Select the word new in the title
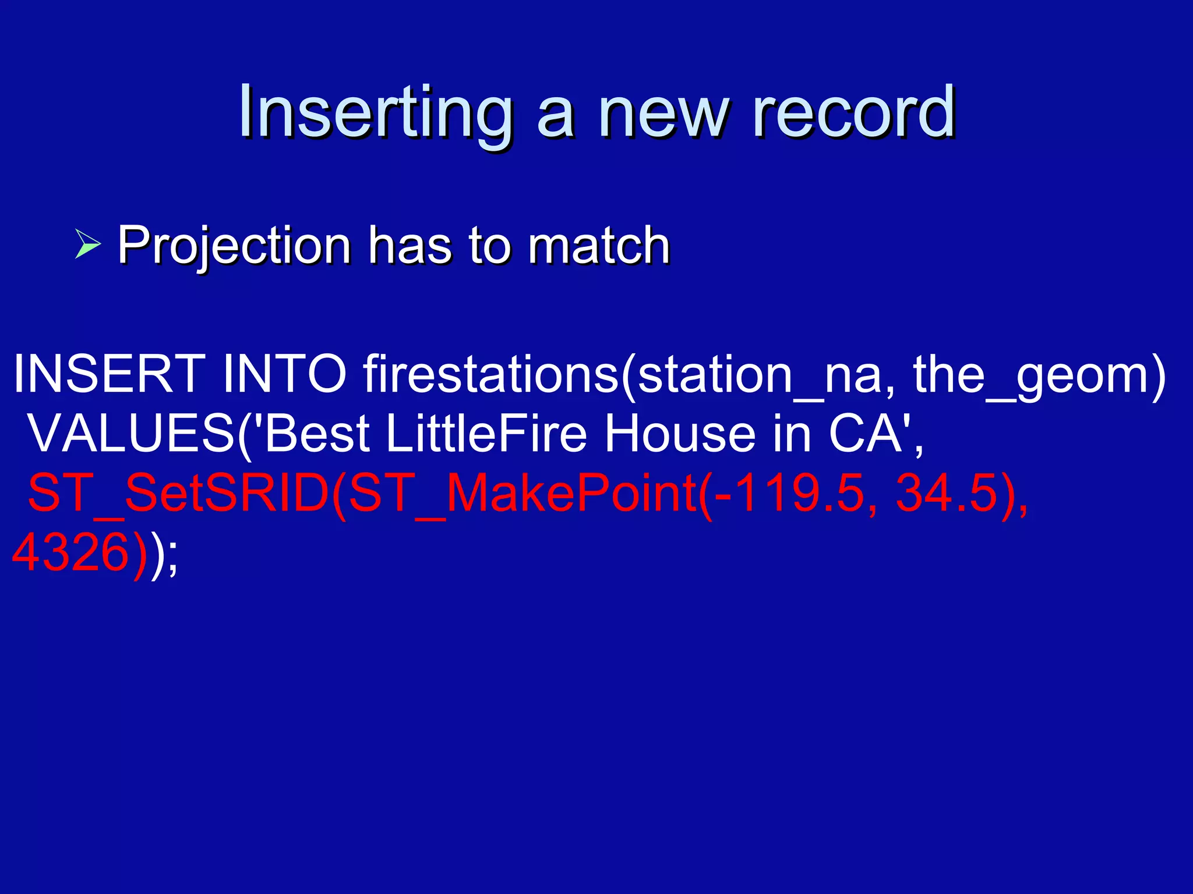(664, 113)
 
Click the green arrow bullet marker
(88, 244)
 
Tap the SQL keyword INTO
(285, 374)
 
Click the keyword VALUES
(130, 434)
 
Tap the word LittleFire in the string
(486, 434)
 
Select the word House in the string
(679, 434)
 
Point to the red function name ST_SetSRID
(178, 494)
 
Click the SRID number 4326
(70, 552)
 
